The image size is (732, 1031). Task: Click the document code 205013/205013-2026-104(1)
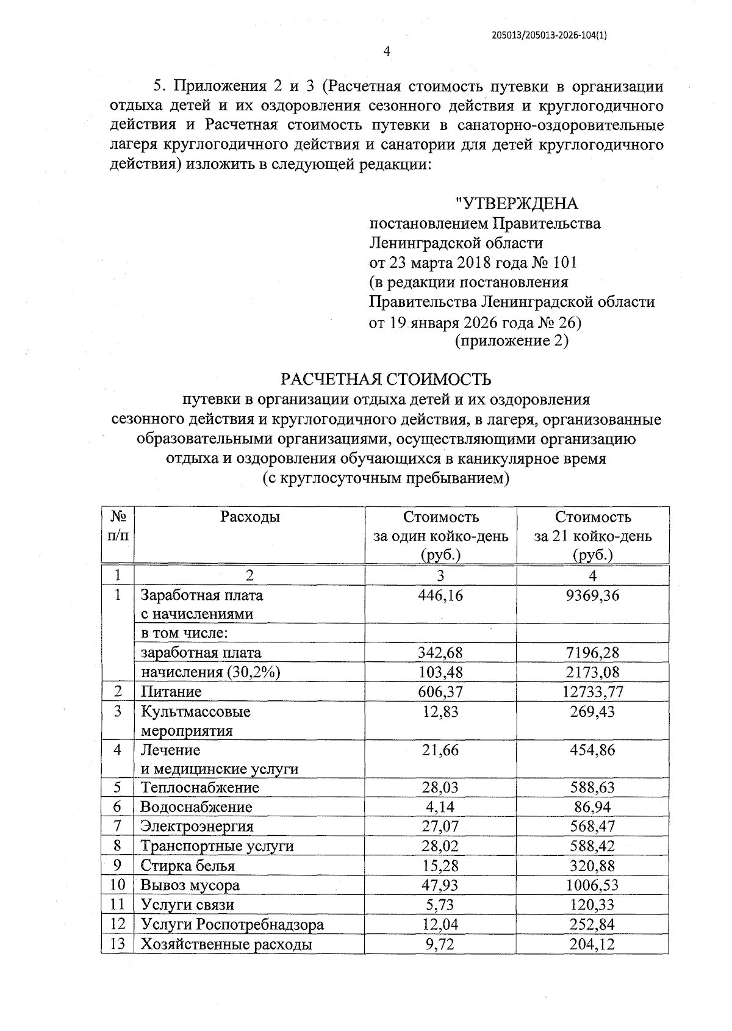549,35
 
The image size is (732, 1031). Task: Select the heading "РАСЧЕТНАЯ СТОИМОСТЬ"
386,379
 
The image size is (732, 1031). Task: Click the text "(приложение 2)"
512,340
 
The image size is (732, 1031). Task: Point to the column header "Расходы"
250,517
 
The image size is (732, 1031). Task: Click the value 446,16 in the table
440,595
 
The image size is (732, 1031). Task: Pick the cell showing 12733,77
592,692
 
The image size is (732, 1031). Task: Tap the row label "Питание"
171,692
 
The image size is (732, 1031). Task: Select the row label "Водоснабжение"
196,807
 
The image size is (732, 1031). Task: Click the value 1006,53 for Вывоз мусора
592,885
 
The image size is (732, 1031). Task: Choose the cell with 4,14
440,807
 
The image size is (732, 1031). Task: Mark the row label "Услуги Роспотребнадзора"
232,925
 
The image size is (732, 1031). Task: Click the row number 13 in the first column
117,944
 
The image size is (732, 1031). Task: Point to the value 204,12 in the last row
592,944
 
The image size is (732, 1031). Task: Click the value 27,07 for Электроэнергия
440,827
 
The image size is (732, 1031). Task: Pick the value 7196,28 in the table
592,653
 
